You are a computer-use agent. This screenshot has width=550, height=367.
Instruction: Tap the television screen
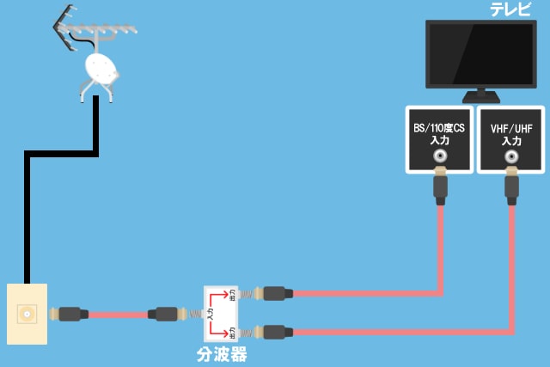(486, 53)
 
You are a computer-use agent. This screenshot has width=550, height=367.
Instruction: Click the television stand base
(486, 96)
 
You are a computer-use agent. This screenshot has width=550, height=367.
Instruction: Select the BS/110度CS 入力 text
(440, 134)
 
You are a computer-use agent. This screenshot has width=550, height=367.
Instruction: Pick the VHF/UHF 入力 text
(511, 134)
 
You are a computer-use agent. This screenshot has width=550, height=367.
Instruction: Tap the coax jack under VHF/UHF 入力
(512, 158)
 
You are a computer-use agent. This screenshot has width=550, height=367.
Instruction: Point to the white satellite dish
(101, 67)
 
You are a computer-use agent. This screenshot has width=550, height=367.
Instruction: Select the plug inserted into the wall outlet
(70, 314)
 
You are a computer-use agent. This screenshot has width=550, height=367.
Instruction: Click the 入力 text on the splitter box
(211, 315)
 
